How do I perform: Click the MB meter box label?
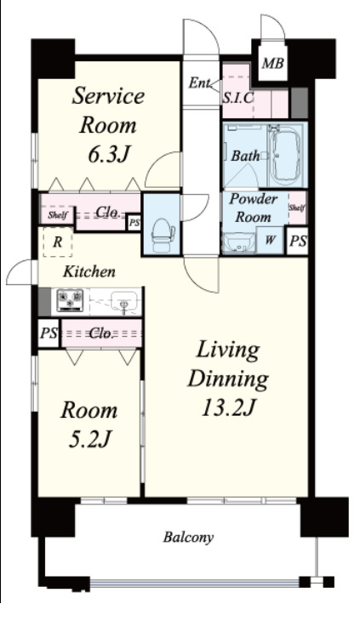point(273,63)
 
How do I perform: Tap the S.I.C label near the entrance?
point(237,98)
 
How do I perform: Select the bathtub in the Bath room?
point(287,155)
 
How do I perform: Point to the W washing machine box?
point(270,240)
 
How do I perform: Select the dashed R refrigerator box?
point(58,242)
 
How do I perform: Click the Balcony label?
point(189,538)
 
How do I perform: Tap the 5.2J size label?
point(89,438)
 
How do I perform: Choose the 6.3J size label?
point(109,154)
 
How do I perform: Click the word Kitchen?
point(89,271)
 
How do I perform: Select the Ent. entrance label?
point(198,83)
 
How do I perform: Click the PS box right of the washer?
point(297,241)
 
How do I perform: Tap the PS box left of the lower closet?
point(49,333)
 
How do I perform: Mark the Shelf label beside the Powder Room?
point(297,207)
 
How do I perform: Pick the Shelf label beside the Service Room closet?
point(58,215)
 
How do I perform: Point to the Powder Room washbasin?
point(238,242)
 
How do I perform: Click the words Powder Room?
point(253,208)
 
